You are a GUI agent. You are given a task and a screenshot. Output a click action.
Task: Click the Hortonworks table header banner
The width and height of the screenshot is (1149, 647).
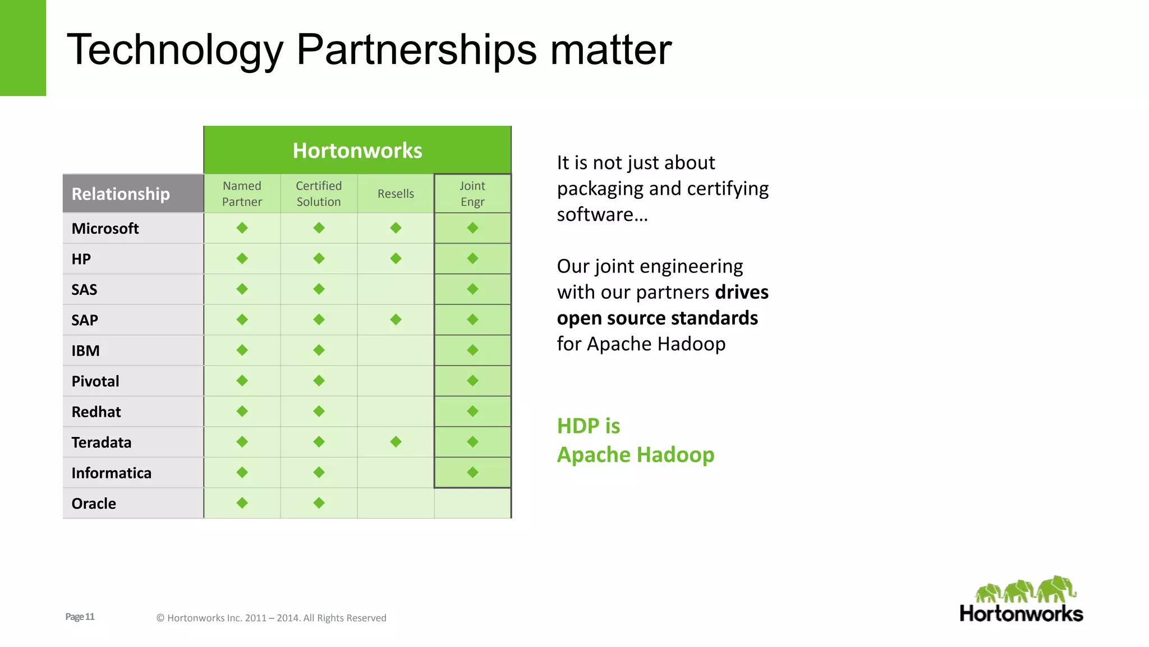coord(357,151)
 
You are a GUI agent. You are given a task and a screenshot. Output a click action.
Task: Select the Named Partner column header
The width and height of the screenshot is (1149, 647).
coord(242,194)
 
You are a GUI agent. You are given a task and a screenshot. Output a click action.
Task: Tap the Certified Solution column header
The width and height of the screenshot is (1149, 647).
coord(319,194)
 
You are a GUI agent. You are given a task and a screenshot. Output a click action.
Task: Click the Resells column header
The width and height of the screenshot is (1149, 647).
coord(396,194)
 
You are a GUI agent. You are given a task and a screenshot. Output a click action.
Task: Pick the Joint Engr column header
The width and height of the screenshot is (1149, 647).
coord(472,194)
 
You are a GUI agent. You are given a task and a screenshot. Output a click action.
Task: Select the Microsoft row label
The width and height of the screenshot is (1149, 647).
coord(105,229)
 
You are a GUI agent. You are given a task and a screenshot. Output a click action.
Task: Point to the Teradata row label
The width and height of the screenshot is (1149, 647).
coord(102,443)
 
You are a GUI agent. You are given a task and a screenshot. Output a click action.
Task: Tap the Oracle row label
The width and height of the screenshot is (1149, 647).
coord(94,504)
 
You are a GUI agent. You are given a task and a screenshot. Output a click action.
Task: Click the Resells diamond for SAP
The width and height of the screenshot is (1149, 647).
coord(396,320)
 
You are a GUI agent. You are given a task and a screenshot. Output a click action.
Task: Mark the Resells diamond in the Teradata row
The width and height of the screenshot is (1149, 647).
coord(396,442)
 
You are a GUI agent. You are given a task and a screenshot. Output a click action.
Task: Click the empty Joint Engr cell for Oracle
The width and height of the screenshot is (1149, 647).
coord(472,503)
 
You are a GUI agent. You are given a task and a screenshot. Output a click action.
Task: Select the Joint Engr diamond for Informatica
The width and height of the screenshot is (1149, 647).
coord(472,472)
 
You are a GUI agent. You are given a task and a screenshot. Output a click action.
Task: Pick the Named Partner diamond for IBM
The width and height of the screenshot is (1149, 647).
coord(242,350)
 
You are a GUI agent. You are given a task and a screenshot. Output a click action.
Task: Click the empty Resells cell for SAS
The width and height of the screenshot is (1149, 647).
coord(396,289)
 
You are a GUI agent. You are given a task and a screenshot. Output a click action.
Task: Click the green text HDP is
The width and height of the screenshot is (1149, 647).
coord(589,426)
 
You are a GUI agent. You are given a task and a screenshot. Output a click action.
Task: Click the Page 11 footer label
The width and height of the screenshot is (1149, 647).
coord(80,617)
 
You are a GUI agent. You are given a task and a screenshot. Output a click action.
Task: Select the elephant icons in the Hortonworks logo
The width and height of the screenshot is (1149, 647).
coord(1025,590)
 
